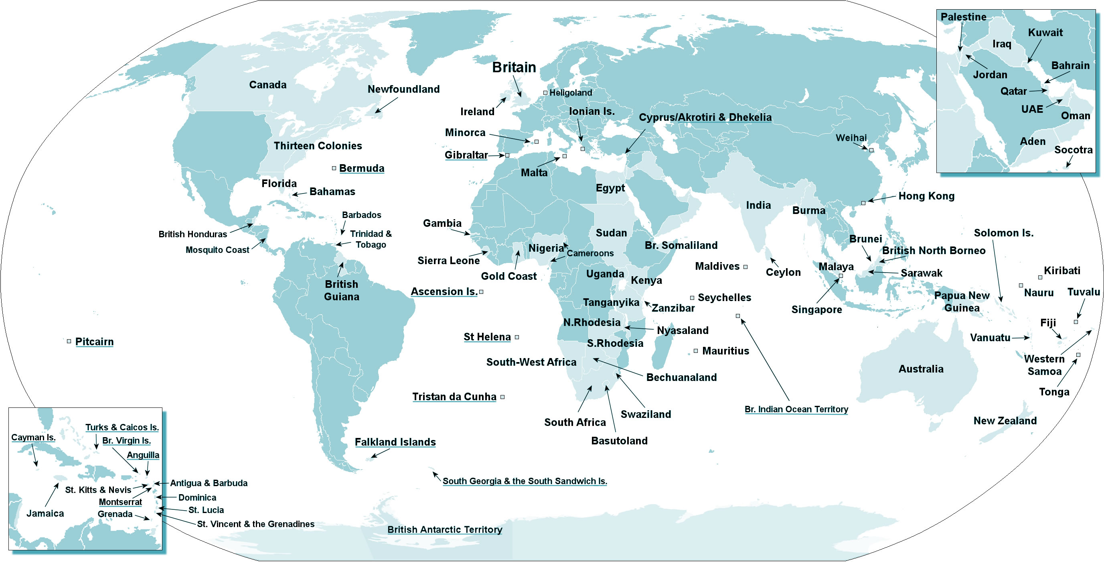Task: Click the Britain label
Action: pos(513,67)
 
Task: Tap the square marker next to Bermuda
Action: pos(334,168)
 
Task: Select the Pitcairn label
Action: pos(94,342)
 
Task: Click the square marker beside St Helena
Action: pos(517,337)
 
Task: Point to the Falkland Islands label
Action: pos(395,442)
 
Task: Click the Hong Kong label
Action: pos(926,196)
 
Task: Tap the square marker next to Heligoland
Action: pos(545,93)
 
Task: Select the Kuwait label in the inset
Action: pos(1045,33)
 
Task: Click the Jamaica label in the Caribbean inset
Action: pos(45,513)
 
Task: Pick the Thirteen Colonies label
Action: pos(318,146)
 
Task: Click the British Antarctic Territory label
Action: pos(444,529)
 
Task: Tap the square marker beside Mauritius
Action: pos(696,351)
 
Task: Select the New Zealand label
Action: pos(1005,420)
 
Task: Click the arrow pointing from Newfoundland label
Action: pos(386,105)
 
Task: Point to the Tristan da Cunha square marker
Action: pos(503,397)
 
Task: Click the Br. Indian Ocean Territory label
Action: pos(796,409)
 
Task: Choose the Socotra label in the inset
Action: pos(1073,150)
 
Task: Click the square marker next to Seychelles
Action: pos(692,298)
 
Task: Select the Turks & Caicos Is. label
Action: pos(122,427)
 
